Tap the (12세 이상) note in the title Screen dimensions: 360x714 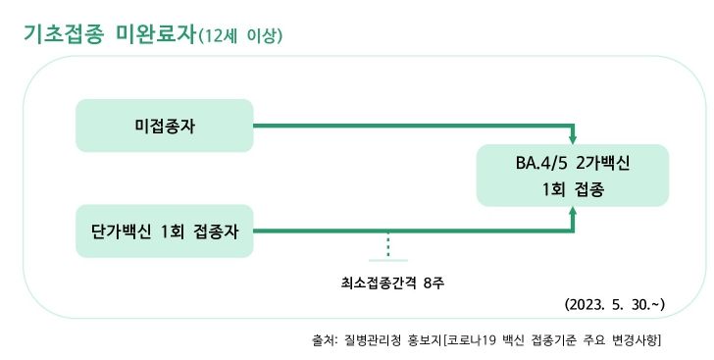tap(241, 36)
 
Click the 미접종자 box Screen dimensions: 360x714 tap(165, 126)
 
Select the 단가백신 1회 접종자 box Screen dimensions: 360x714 tap(165, 231)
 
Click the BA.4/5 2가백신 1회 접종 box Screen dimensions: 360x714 tap(573, 176)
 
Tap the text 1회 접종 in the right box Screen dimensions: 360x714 tap(572, 190)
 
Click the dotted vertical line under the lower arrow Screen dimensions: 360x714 tap(388, 245)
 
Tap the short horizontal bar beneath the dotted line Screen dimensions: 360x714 tap(388, 261)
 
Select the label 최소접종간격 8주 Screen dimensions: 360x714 tap(386, 283)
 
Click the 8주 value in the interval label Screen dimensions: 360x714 tap(433, 283)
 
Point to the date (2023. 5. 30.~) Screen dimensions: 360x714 tap(616, 304)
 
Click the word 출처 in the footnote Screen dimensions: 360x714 tap(323, 340)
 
